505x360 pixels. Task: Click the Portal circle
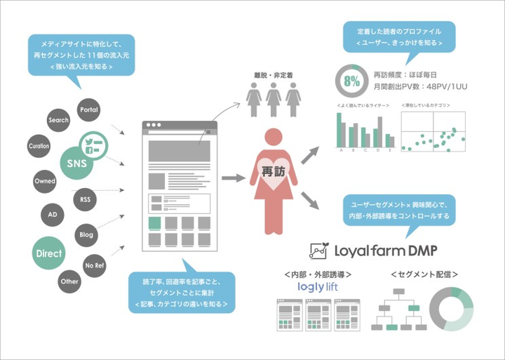pyautogui.click(x=89, y=110)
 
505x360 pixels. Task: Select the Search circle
pyautogui.click(x=58, y=120)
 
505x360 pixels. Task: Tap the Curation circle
pyautogui.click(x=39, y=146)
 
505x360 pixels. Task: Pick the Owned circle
pyautogui.click(x=45, y=181)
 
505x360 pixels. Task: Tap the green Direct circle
pyautogui.click(x=49, y=253)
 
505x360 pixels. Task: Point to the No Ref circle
pyautogui.click(x=94, y=265)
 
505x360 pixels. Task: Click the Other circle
pyautogui.click(x=69, y=281)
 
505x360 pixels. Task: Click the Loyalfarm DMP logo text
pyautogui.click(x=379, y=251)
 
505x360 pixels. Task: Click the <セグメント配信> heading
pyautogui.click(x=420, y=274)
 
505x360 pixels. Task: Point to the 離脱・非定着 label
pyautogui.click(x=274, y=74)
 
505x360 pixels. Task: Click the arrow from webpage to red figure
pyautogui.click(x=233, y=178)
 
